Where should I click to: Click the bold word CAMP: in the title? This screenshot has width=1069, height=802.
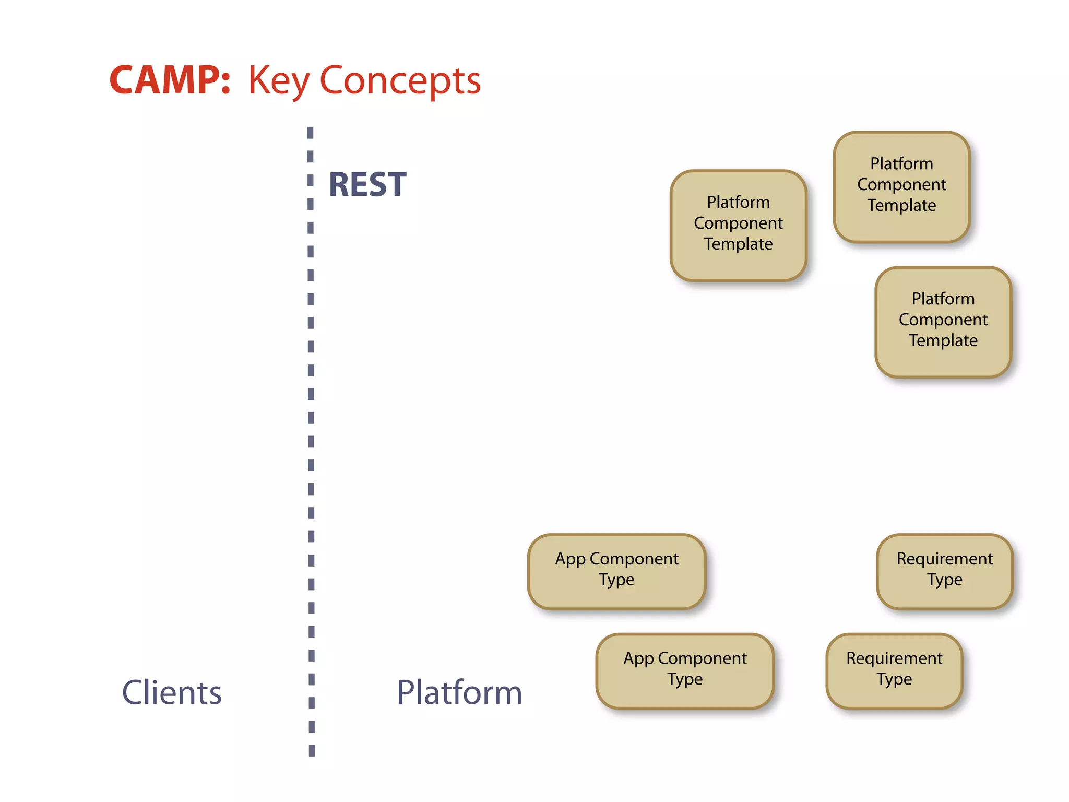170,80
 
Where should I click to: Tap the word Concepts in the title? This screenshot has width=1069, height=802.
400,81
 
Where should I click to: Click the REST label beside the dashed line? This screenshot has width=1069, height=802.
367,185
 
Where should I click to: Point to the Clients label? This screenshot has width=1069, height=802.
172,693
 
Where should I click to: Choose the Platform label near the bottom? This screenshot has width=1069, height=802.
459,693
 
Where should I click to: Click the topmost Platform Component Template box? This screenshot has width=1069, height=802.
901,187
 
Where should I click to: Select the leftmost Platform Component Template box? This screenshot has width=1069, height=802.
738,226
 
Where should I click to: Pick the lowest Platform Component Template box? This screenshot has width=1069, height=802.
943,322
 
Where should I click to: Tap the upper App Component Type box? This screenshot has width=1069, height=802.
616,571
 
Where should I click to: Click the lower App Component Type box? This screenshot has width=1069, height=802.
685,671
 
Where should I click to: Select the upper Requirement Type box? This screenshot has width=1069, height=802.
944,571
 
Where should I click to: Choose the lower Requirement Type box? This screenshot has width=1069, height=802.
894,671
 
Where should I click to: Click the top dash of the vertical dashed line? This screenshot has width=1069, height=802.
311,133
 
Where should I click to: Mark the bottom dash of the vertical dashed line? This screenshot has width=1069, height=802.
312,750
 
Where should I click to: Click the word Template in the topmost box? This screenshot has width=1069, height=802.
901,205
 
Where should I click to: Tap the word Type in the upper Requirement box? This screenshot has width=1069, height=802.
944,580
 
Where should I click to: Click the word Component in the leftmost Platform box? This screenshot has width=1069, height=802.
738,223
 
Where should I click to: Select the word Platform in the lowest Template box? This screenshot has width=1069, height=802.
943,299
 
